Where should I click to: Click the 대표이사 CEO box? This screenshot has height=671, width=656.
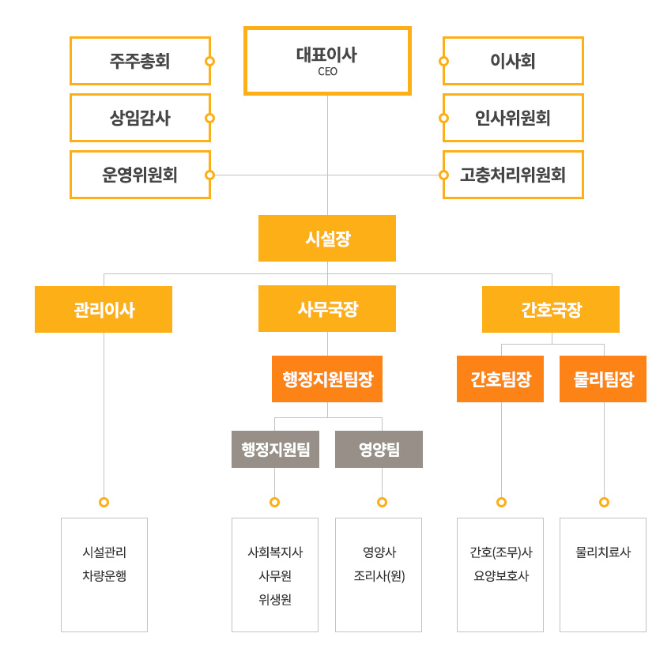[x=327, y=61]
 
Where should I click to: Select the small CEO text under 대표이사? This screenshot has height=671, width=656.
[x=327, y=71]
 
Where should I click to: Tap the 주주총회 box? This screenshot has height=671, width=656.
[x=140, y=61]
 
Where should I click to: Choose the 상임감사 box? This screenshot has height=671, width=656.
[x=140, y=118]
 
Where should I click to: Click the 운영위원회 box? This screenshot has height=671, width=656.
[x=140, y=175]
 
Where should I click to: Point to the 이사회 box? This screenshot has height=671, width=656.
[x=513, y=61]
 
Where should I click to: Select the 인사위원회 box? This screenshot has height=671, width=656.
[x=513, y=118]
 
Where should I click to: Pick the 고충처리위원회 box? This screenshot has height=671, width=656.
[x=513, y=175]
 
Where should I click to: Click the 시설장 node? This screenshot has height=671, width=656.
[x=327, y=239]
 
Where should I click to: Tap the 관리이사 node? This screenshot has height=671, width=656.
[x=104, y=309]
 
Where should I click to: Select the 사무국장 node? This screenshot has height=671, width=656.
[x=327, y=308]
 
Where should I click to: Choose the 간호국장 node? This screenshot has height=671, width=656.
[x=551, y=309]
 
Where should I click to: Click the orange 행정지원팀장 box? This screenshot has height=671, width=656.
[x=327, y=379]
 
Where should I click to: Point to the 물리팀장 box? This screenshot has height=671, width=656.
[x=603, y=379]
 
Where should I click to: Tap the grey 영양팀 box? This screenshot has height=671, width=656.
[x=379, y=450]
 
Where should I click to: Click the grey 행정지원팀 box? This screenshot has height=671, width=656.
[x=275, y=450]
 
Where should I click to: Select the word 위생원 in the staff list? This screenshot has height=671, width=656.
[x=275, y=600]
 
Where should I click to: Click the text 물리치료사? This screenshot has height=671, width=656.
[x=603, y=552]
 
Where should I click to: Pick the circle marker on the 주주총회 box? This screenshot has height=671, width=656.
[x=209, y=61]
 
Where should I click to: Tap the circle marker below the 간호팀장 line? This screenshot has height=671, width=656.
[x=502, y=502]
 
